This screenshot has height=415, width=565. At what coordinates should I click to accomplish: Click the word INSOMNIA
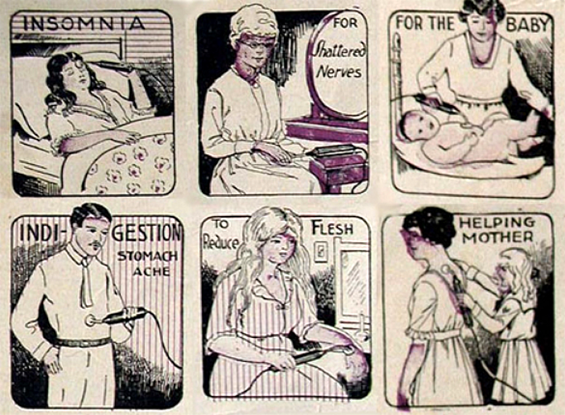83,25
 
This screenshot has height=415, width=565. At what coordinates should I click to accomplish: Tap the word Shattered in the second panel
339,50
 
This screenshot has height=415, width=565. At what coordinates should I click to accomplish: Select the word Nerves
340,71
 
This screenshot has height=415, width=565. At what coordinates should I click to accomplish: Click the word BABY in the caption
528,25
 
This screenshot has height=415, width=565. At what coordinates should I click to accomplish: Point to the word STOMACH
148,256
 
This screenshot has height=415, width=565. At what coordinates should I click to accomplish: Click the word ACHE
151,271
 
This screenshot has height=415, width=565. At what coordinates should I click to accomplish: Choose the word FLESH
332,228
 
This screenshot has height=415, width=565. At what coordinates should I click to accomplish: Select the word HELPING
497,223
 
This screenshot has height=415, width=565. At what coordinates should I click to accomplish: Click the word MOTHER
498,237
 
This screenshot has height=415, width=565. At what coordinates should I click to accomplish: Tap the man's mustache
96,246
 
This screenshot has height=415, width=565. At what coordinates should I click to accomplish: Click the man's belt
83,342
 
